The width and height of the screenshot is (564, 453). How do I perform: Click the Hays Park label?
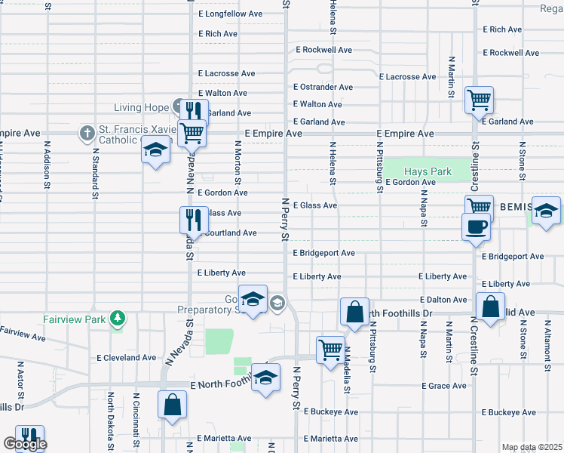428,171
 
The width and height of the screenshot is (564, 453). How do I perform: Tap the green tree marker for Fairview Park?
117,319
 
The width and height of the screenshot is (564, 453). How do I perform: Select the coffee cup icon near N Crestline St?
475,226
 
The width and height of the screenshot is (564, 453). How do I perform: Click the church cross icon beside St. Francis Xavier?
87,134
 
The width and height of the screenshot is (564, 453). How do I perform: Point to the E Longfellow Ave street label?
230,14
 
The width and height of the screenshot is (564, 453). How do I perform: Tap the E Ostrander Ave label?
323,87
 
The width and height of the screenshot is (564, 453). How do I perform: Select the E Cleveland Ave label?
127,357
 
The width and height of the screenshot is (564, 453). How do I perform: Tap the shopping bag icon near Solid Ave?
490,307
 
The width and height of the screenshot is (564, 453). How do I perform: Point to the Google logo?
24,445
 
